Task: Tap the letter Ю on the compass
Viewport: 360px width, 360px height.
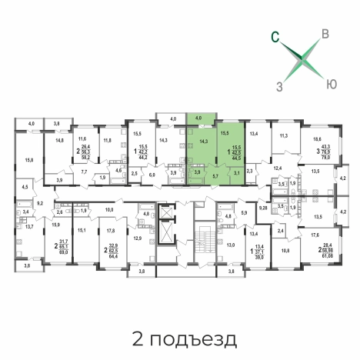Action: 330,82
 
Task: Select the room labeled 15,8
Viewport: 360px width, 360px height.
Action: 28,159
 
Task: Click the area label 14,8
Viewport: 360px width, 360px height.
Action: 59,140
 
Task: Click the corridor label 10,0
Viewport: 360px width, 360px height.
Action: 109,209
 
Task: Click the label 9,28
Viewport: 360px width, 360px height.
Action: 263,208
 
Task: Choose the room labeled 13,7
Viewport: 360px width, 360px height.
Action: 28,226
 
